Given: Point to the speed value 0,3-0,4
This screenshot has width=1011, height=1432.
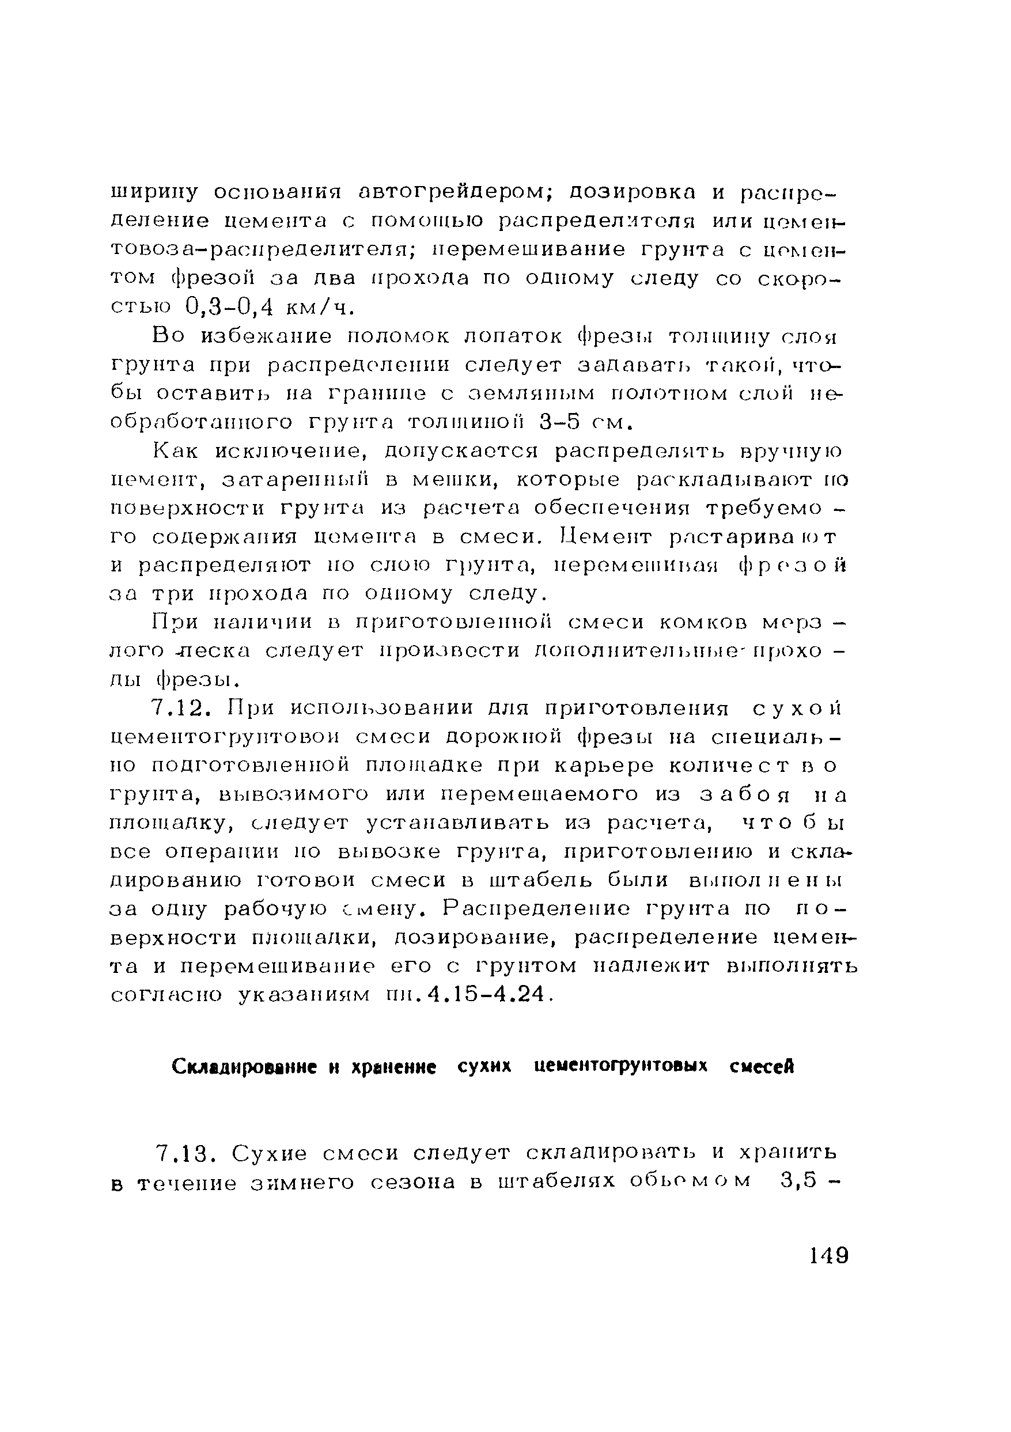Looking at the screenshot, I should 231,308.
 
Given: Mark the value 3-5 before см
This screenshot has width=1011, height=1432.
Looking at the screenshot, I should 559,422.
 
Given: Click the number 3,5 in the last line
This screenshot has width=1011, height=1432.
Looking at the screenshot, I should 799,1183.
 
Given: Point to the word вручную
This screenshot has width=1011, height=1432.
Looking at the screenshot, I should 792,450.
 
